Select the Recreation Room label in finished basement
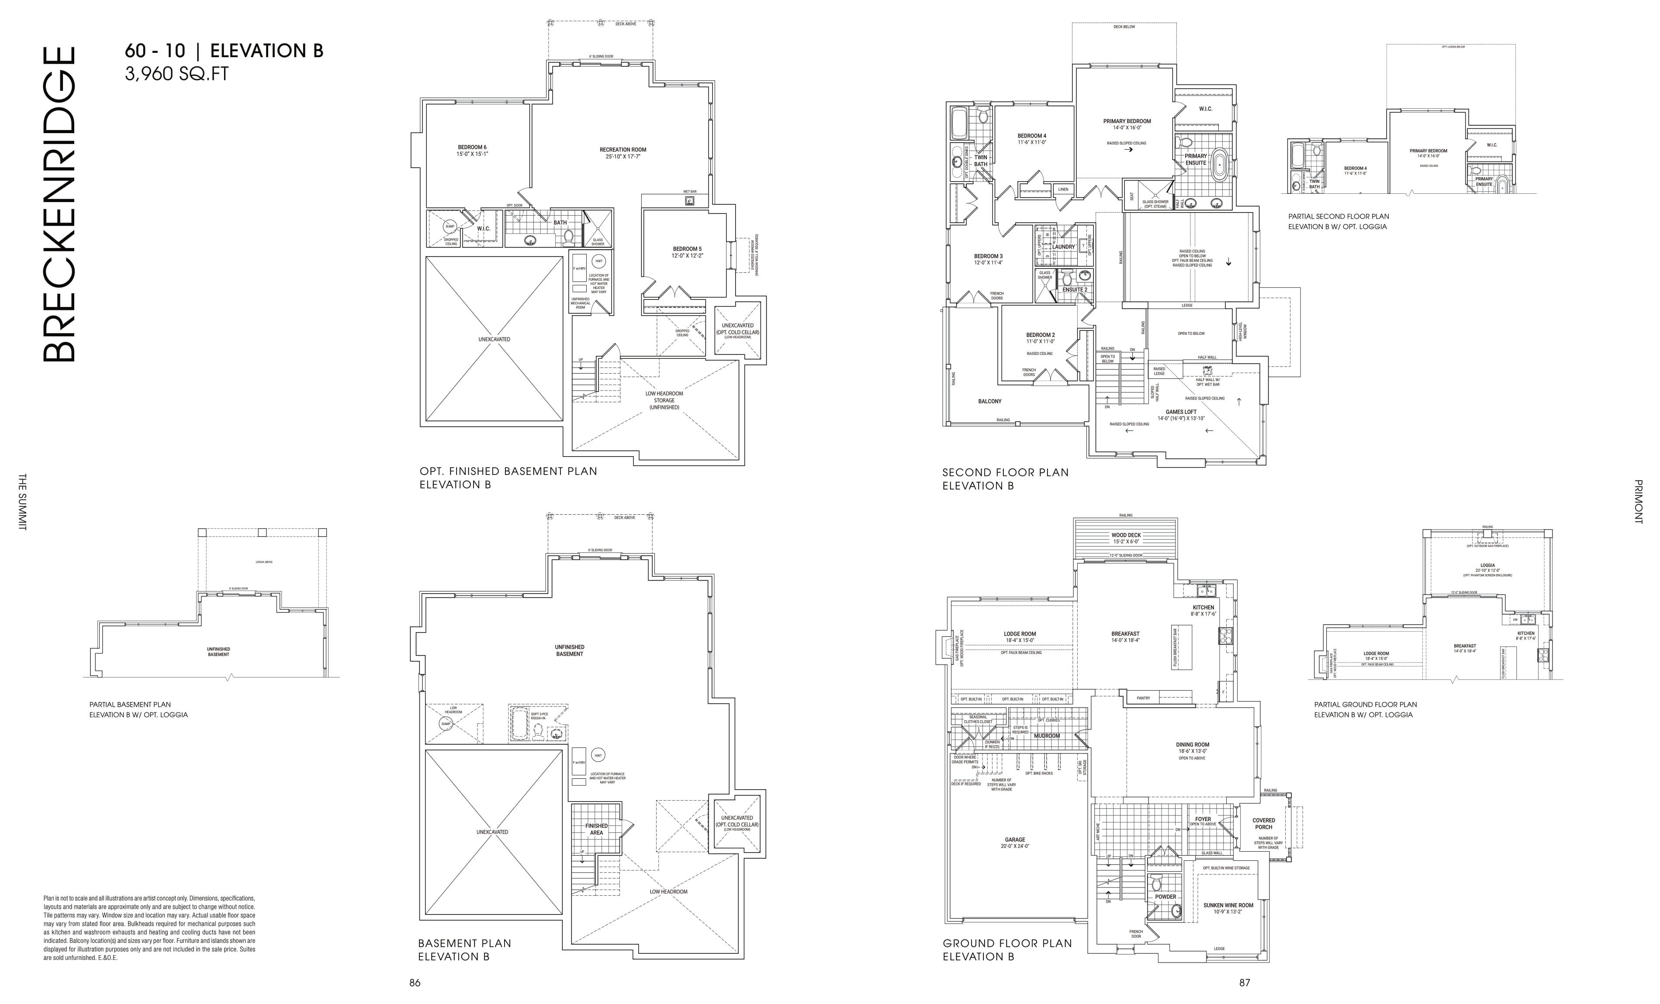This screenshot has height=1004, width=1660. click(x=622, y=153)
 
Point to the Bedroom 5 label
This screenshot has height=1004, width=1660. click(x=687, y=252)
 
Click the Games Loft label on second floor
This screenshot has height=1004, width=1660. click(x=1181, y=415)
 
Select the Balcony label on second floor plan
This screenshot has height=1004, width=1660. click(x=990, y=401)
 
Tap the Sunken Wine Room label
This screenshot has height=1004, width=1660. click(x=1228, y=908)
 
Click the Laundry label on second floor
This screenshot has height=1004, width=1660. click(x=1063, y=247)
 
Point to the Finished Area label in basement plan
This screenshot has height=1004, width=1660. click(x=596, y=829)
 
